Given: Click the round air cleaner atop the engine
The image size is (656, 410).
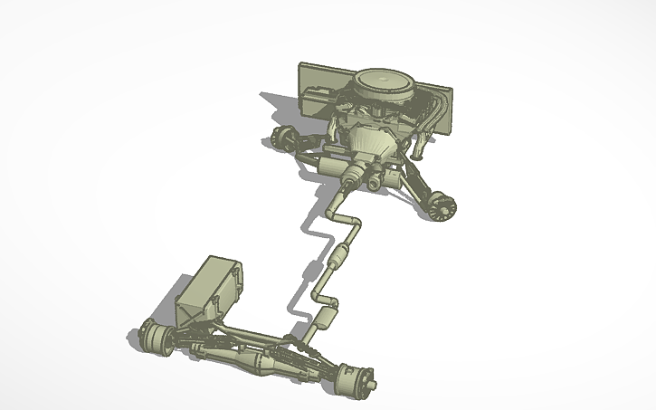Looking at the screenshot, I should (x=385, y=84).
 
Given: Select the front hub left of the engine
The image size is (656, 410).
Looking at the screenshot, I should (x=282, y=138).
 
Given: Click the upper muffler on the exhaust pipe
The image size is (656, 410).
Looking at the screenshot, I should (x=341, y=257).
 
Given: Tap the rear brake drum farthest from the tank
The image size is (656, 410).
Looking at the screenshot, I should (x=357, y=378).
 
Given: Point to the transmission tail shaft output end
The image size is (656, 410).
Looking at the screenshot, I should (x=347, y=185).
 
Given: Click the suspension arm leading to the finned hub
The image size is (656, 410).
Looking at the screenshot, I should (x=416, y=185).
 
